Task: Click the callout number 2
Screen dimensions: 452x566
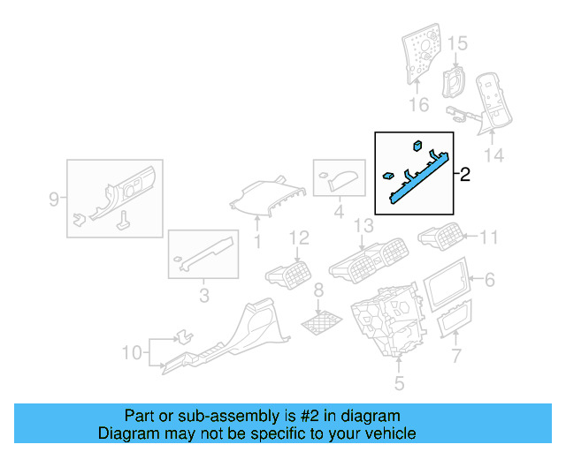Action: [x=464, y=174]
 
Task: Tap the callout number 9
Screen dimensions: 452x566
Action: [x=54, y=199]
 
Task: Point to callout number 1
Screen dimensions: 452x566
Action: [x=257, y=240]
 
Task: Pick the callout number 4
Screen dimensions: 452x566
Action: [x=338, y=213]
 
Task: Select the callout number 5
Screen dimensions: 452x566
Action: [x=399, y=383]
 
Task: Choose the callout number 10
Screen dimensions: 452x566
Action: [x=131, y=353]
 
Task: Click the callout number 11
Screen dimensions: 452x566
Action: [x=489, y=237]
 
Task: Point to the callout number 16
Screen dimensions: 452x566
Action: [x=418, y=105]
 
